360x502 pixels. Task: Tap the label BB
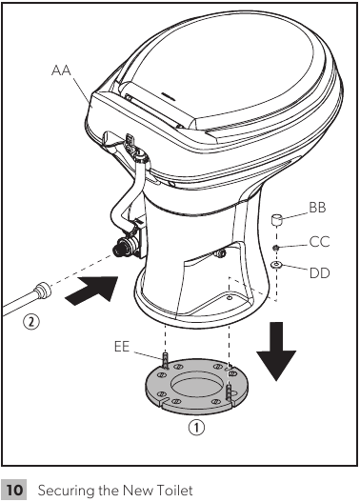pyautogui.click(x=318, y=207)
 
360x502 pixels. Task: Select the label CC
pyautogui.click(x=319, y=241)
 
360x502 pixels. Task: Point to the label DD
pyautogui.click(x=320, y=273)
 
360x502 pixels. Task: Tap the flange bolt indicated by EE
pyautogui.click(x=166, y=362)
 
